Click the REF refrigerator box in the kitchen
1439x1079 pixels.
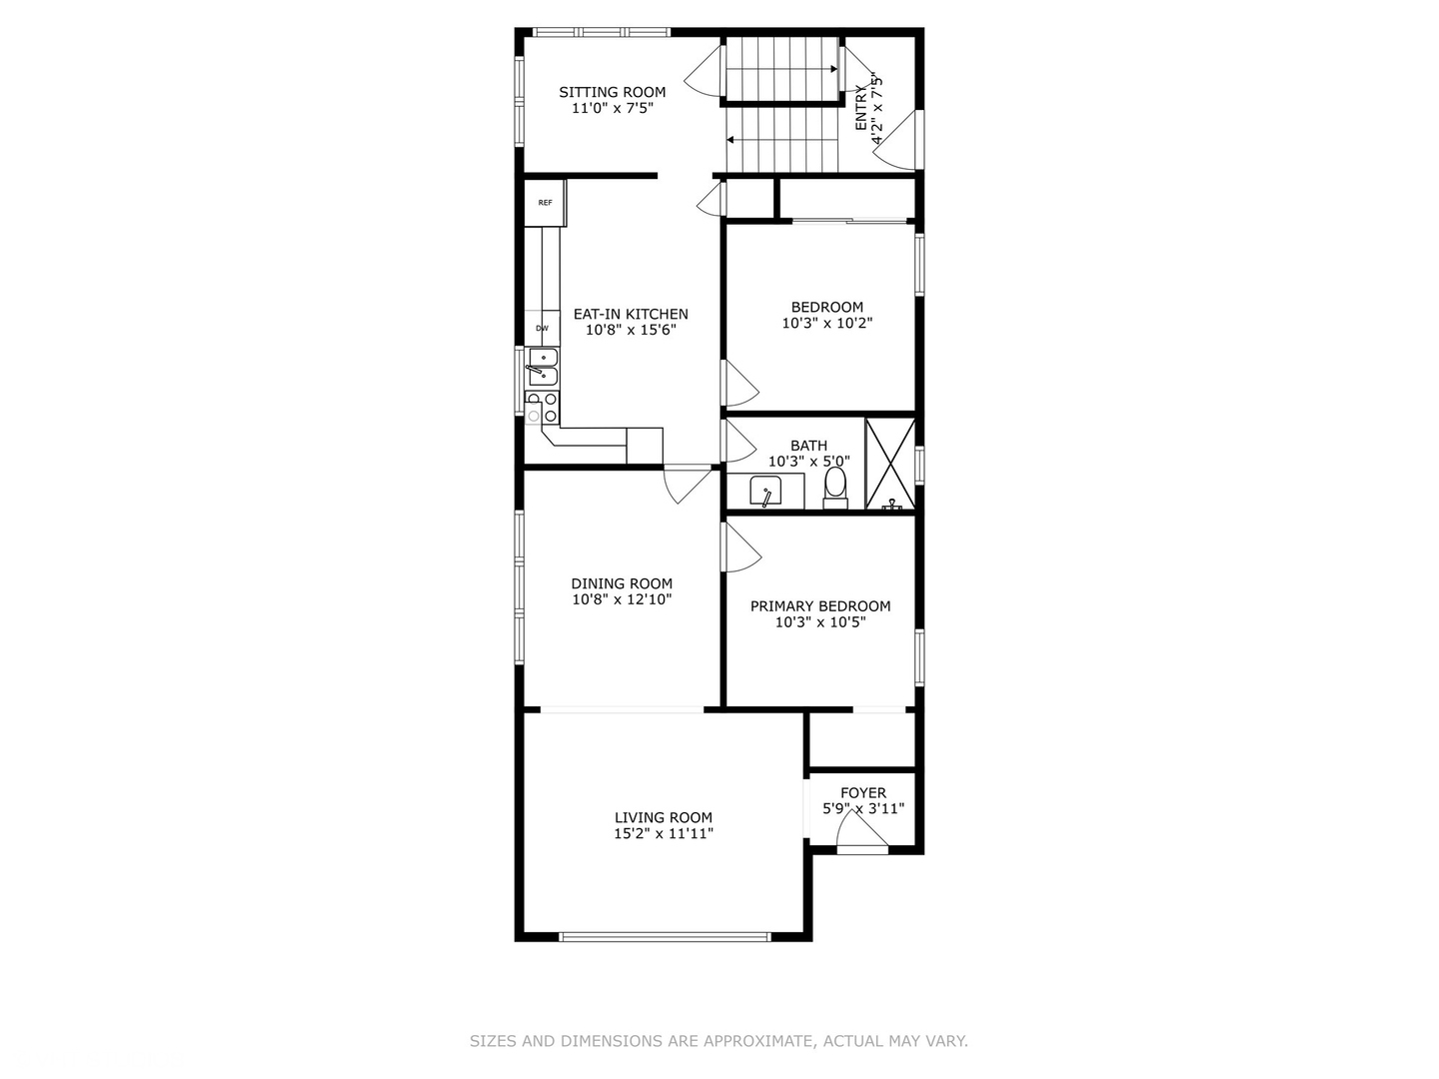pyautogui.click(x=545, y=203)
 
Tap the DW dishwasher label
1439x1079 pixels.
pyautogui.click(x=543, y=329)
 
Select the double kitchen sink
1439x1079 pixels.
pyautogui.click(x=543, y=367)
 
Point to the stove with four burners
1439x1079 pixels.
pyautogui.click(x=543, y=407)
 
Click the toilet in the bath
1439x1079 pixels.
pyautogui.click(x=835, y=489)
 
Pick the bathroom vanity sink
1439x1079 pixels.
pyautogui.click(x=765, y=492)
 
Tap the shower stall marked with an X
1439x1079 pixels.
pyautogui.click(x=890, y=464)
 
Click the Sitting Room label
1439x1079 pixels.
pyautogui.click(x=612, y=92)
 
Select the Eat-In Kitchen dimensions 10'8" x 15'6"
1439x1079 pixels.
pyautogui.click(x=631, y=330)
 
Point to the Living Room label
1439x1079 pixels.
pyautogui.click(x=664, y=817)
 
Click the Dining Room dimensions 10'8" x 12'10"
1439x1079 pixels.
pyautogui.click(x=623, y=598)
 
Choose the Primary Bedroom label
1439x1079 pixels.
pyautogui.click(x=820, y=606)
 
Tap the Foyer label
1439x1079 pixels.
pyautogui.click(x=863, y=792)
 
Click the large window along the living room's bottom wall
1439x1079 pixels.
pyautogui.click(x=665, y=936)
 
